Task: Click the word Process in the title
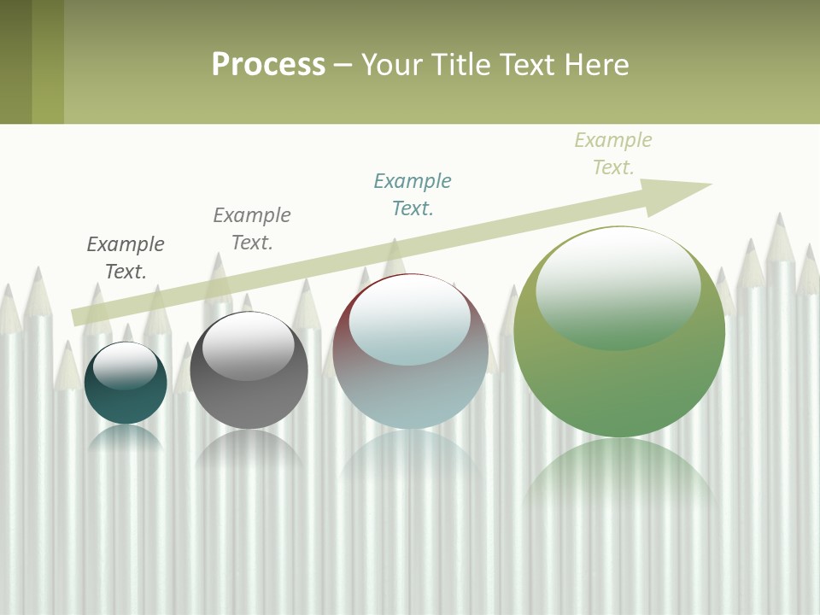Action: [x=268, y=64]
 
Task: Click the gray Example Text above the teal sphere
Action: [x=126, y=258]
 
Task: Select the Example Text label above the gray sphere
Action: [x=252, y=229]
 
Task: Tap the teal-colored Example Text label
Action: [x=413, y=195]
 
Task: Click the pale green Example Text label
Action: [x=613, y=154]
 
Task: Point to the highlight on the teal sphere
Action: [x=126, y=364]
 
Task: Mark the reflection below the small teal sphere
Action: [x=126, y=437]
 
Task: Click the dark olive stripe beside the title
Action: [x=15, y=61]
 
